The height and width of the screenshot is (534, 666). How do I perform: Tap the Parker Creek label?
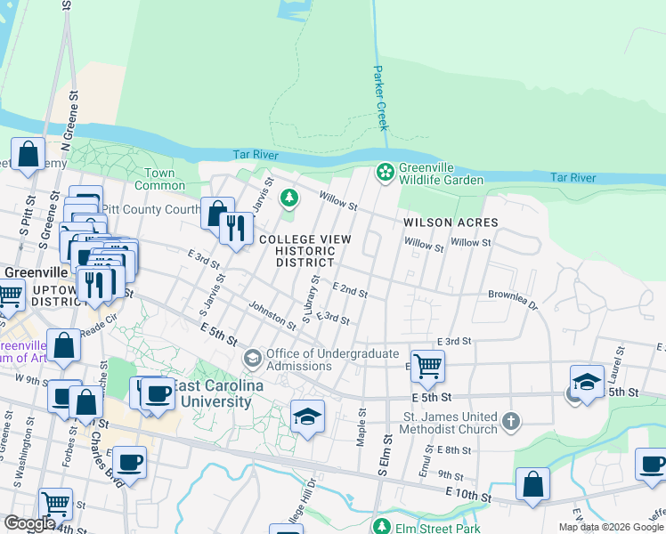click(380, 98)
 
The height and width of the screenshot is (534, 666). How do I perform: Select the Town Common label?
click(159, 179)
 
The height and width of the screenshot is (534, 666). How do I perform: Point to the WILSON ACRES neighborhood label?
click(450, 222)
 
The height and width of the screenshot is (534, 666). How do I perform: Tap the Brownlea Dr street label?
click(513, 298)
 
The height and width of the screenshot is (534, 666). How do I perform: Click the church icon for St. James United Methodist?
click(511, 419)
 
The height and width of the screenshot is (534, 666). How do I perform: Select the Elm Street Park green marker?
click(382, 526)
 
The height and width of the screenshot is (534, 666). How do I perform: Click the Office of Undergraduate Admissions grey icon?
click(253, 359)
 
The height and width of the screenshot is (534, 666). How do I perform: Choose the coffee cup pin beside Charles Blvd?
click(130, 462)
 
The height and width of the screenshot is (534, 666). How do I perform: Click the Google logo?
click(29, 523)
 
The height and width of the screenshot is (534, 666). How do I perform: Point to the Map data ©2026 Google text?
click(611, 527)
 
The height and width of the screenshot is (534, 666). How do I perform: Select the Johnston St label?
click(272, 314)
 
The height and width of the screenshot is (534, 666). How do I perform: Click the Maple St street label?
click(361, 427)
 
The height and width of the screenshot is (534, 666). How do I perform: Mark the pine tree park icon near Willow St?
click(288, 197)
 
